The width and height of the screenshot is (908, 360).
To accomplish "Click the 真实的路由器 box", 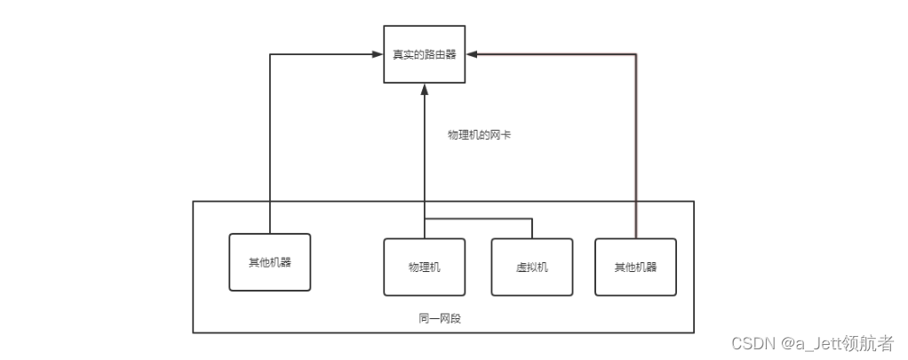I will click(425, 54).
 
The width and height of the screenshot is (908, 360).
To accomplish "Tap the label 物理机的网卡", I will click(480, 135).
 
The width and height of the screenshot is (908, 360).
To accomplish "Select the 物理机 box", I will click(425, 267).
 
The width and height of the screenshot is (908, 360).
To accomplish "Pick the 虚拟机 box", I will click(531, 267).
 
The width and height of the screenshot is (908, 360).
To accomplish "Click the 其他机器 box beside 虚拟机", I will click(635, 267).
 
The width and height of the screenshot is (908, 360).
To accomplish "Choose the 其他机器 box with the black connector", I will click(269, 262).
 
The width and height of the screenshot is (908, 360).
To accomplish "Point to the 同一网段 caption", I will click(440, 318).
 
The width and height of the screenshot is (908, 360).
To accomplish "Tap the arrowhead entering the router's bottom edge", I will click(425, 88).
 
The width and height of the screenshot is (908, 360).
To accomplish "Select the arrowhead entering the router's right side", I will click(472, 55).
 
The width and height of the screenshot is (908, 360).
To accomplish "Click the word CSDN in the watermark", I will click(749, 342).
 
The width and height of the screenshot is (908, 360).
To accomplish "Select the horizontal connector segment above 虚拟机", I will click(480, 219).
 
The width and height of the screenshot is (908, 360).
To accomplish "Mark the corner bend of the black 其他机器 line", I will click(269, 55).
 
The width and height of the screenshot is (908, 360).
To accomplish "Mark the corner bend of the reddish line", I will click(636, 55).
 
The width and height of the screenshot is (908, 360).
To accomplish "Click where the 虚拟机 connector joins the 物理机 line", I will click(425, 219).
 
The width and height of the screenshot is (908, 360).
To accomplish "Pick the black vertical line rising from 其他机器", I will click(269, 142).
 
